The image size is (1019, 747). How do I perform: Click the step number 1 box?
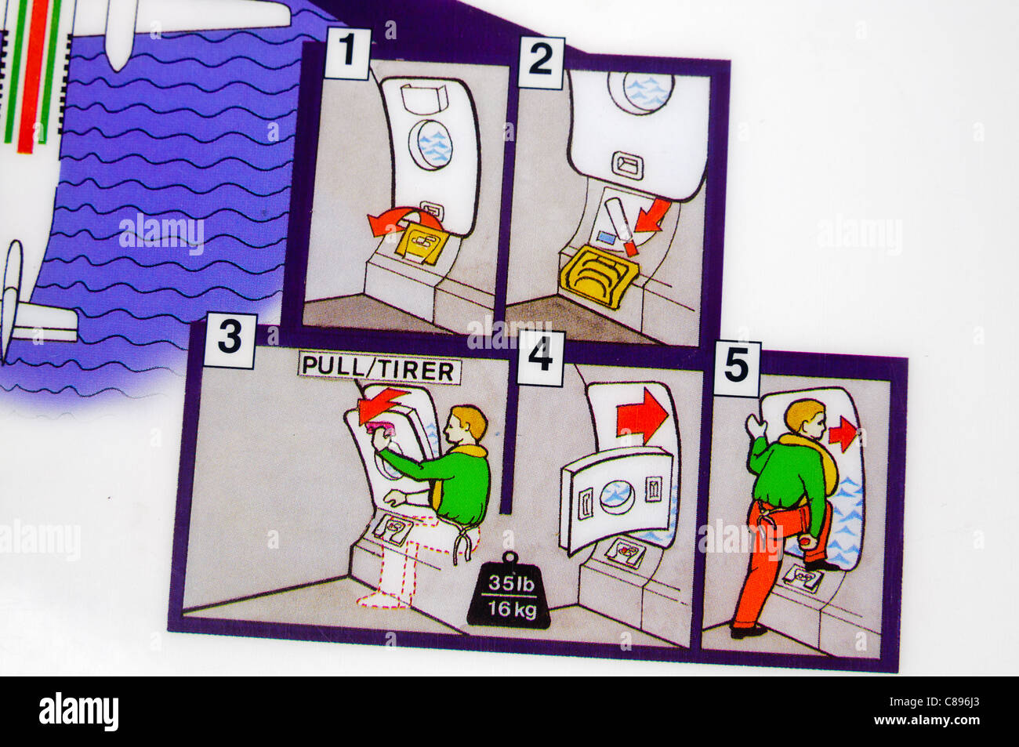(346, 54)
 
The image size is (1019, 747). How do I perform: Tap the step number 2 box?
(540, 60)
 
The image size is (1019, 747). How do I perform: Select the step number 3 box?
(229, 340)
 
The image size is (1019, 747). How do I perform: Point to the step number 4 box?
(540, 359)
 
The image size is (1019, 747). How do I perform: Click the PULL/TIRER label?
(379, 370)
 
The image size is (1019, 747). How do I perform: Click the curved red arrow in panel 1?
(397, 221)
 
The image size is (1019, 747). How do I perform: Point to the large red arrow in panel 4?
(642, 419)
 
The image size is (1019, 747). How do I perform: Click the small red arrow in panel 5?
(843, 433)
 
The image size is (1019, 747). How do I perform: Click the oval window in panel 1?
(430, 145)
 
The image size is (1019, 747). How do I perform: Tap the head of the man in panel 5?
(807, 419)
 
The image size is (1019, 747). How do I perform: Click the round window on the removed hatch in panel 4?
(617, 496)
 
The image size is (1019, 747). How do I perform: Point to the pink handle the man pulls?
(383, 427)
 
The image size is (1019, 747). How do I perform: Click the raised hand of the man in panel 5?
(755, 425)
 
